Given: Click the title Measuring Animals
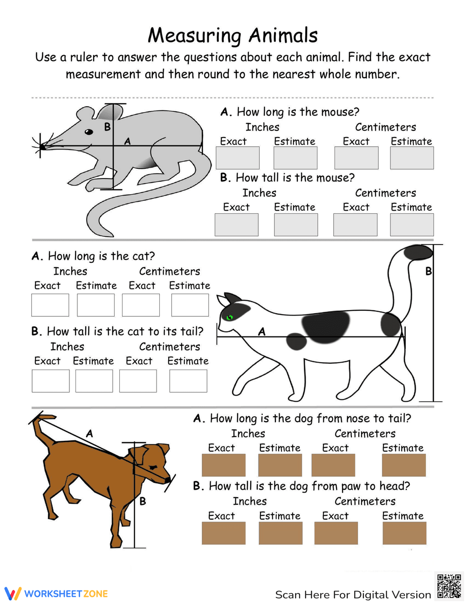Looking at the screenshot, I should coord(233,35).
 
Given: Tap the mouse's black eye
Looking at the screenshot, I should coord(89,132).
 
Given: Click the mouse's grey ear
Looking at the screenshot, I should coord(110,112).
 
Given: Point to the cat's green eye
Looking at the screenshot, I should coord(229,318).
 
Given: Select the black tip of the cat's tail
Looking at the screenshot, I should coord(418,253).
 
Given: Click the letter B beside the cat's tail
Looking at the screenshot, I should coord(429,271).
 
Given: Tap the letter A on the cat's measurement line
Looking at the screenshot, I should coord(262,331).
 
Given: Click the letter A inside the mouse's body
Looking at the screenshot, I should coord(127,141).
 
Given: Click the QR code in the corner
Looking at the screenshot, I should coord(449,586).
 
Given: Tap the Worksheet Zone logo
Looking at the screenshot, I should coord(56,593).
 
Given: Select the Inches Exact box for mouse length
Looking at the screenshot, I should coord(237,158).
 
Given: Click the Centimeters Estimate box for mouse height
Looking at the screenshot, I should coord(411,225).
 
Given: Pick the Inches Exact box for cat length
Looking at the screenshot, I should coord(50,305).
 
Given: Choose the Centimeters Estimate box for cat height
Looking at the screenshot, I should coord(188,381).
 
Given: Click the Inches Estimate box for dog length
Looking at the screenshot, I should coord(280,465).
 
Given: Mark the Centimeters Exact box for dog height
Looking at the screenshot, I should coord(336,533).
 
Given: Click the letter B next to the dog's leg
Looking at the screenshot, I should coord(143,501).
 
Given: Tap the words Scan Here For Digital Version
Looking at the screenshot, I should coord(353,595).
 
